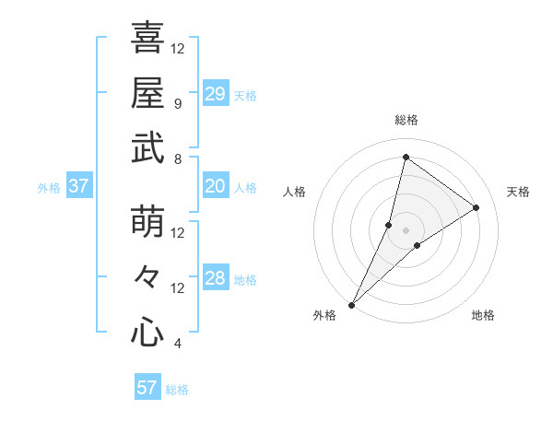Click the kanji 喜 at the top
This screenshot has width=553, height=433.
[x=147, y=38]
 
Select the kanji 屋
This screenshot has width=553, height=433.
[x=147, y=93]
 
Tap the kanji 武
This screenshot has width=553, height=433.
[x=147, y=148]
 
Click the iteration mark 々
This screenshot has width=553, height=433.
[x=147, y=277]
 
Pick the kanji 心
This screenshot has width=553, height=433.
[x=147, y=333]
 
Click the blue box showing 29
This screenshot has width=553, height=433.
[x=216, y=94]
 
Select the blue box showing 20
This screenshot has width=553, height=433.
[x=216, y=186]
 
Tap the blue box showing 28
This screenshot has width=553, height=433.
[x=216, y=278]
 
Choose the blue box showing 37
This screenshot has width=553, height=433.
[x=78, y=186]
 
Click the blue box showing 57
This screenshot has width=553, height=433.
[x=147, y=388]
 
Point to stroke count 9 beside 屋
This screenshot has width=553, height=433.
[x=177, y=103]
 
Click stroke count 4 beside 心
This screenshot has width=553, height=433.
[x=177, y=344]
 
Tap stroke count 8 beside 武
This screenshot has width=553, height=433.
[x=177, y=158]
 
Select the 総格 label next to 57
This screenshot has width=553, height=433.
[x=178, y=390]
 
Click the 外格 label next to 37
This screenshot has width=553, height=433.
[x=49, y=188]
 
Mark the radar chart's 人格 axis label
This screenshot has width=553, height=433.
[x=295, y=192]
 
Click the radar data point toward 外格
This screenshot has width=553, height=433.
[x=351, y=304]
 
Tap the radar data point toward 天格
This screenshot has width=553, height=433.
[x=477, y=207]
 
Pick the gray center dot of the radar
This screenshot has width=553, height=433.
[x=406, y=230]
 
